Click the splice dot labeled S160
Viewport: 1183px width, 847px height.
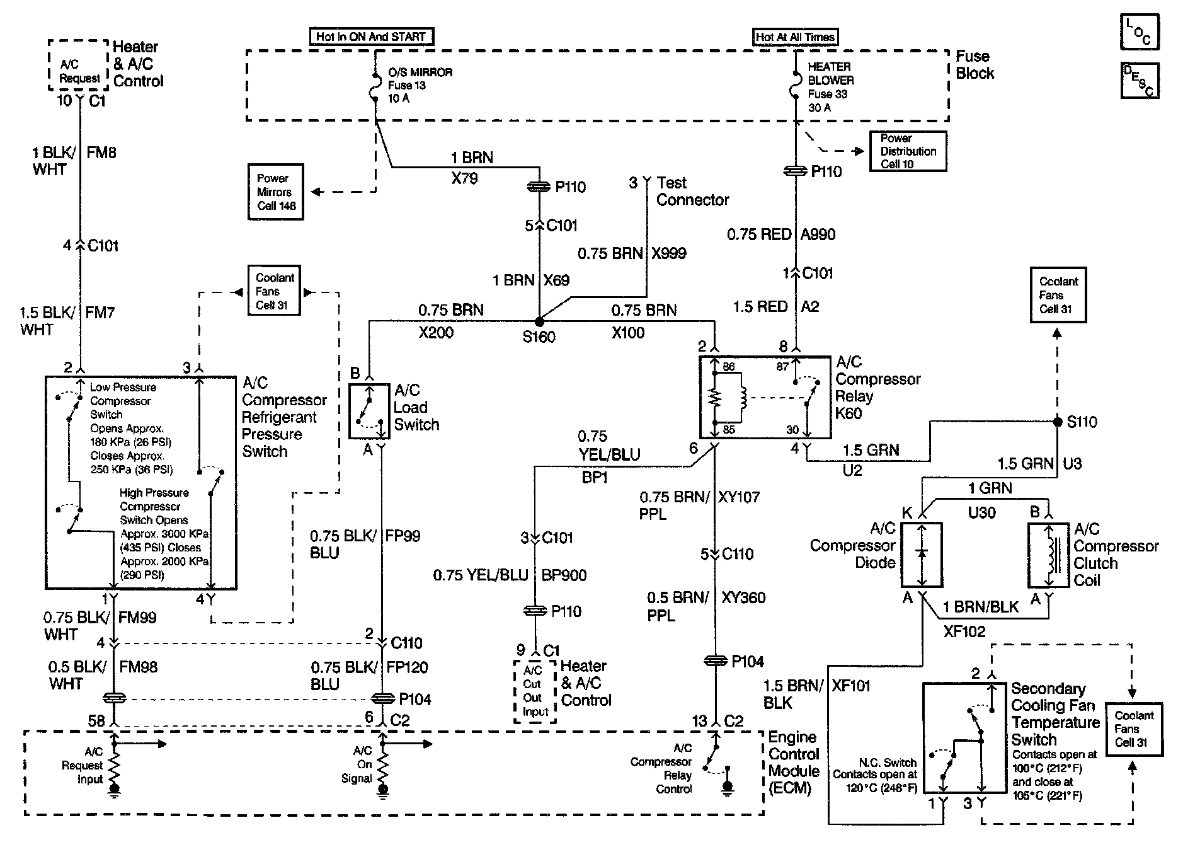tap(539, 321)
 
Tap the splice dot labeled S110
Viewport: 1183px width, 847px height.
tap(1058, 421)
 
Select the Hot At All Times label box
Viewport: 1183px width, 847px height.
tap(796, 37)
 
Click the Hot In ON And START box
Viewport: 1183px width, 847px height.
tap(371, 37)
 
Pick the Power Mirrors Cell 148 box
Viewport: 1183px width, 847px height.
tap(276, 192)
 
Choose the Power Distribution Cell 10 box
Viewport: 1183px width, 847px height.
tap(908, 151)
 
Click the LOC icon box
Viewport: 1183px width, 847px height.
tap(1139, 32)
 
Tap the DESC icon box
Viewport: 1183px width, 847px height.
tap(1139, 80)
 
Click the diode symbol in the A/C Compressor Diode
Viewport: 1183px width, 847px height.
tap(922, 553)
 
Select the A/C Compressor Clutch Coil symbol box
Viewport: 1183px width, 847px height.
tap(1048, 555)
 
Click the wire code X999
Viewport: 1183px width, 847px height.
tap(668, 253)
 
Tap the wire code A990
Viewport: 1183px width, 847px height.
tap(818, 234)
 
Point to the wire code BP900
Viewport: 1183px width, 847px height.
tap(564, 575)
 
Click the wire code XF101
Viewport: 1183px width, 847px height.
tap(850, 686)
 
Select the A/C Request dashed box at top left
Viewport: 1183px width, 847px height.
tap(79, 66)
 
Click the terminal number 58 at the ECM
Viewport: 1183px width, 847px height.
tap(96, 720)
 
